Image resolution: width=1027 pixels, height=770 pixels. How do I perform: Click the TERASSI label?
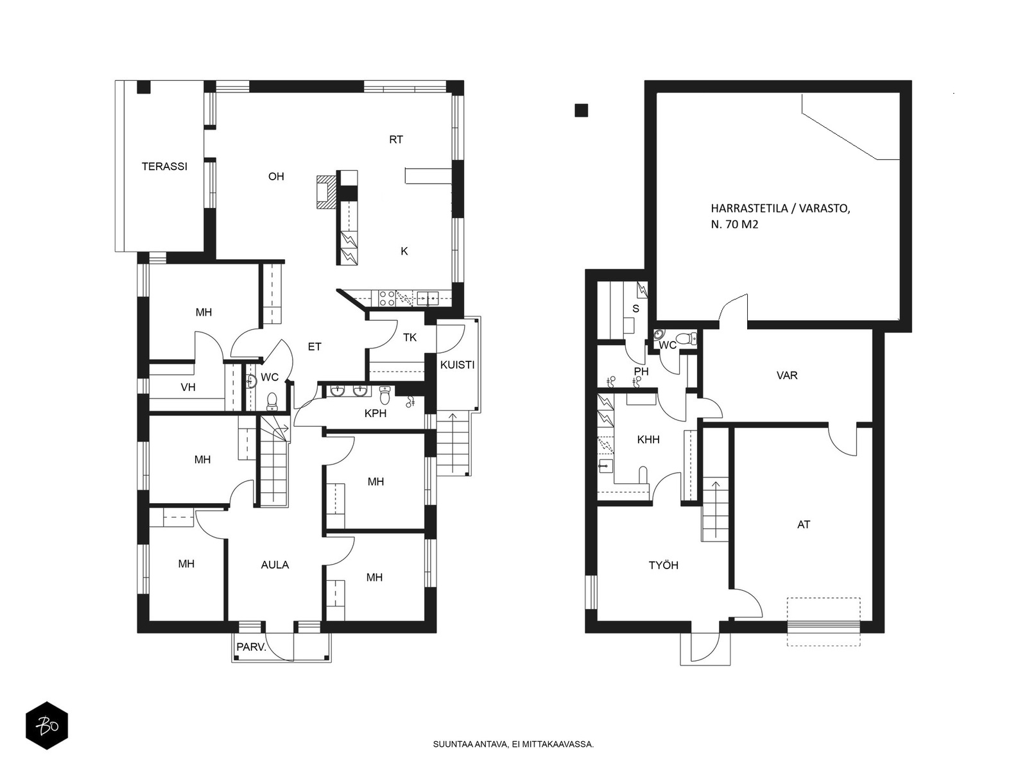164,166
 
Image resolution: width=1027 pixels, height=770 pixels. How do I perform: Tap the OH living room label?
276,176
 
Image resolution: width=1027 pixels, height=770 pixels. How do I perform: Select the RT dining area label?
396,139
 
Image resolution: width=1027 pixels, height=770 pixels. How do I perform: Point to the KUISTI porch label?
457,364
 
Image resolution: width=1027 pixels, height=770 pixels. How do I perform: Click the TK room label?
410,338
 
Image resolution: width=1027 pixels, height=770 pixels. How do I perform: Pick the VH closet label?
188,387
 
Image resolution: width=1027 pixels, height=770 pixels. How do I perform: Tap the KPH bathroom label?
375,413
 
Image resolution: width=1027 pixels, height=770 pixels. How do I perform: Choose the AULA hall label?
275,565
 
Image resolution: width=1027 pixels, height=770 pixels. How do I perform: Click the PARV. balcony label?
251,647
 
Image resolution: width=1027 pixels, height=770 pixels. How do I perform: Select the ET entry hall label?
315,346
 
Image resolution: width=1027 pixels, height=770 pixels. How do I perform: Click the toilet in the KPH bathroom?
384,395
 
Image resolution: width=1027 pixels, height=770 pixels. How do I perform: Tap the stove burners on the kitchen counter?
387,298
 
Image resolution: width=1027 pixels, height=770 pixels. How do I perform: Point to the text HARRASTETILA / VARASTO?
781,209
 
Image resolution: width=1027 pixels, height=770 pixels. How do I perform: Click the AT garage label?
804,524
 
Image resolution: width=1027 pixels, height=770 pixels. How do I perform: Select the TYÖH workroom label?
664,565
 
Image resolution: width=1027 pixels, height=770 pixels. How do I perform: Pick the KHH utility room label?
648,440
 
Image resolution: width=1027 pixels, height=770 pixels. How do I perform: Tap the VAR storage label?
786,375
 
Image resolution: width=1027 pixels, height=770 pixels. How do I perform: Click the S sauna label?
635,309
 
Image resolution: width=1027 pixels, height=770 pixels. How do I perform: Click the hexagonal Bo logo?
47,726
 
